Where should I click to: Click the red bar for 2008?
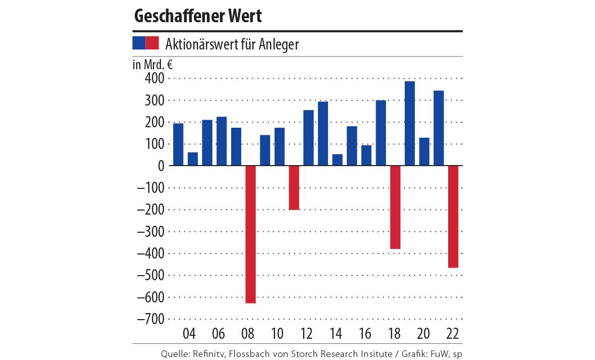250,234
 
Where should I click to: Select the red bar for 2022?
453,217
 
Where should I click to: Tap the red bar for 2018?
395,207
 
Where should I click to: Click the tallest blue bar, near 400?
410,123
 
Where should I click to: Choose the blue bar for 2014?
337,160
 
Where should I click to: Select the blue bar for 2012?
308,137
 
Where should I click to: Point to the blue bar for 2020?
424,151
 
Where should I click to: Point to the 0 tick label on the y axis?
161,166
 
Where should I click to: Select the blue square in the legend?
139,43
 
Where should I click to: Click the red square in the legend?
152,43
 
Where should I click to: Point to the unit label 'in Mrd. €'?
152,64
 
